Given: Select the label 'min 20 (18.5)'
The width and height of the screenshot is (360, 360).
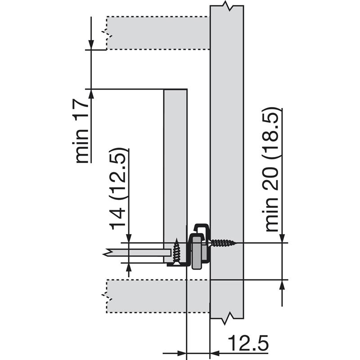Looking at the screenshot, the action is (x=272, y=170).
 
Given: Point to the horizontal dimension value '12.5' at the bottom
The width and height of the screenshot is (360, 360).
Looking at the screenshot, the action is (x=248, y=343).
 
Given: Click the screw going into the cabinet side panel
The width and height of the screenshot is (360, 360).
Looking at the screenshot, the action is (x=223, y=243).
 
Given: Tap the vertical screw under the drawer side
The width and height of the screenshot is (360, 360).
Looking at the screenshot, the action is (x=176, y=252).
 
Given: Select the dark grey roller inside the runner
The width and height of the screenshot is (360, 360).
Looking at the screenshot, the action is (x=197, y=252).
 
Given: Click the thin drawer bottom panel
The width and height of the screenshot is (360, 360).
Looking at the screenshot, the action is (x=137, y=253).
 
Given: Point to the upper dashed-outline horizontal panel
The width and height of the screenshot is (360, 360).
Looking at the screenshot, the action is (x=158, y=33).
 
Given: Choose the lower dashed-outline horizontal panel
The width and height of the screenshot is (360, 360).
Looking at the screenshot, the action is (x=158, y=296).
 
